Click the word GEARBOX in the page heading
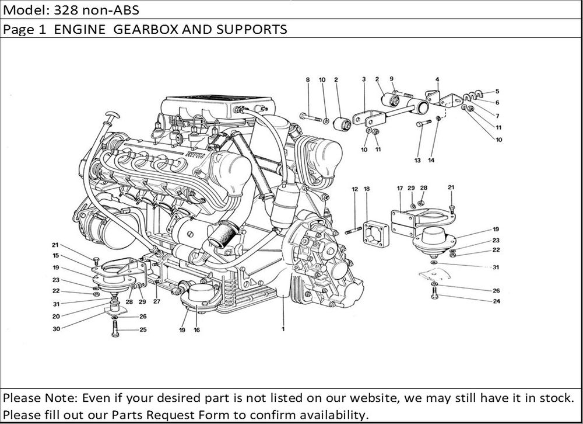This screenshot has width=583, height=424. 150,29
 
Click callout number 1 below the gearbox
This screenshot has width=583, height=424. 283,329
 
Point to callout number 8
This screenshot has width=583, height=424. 308,79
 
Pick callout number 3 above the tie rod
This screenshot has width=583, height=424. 363,79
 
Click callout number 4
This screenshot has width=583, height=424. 437,79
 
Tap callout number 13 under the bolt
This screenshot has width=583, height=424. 417,160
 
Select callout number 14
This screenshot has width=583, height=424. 431,160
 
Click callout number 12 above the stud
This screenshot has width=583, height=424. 354,189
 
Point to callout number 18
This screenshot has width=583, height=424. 367,189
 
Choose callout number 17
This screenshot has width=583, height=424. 400,188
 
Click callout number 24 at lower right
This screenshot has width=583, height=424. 496,301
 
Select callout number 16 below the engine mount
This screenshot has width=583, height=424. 197,330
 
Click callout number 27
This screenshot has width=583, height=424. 156,301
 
